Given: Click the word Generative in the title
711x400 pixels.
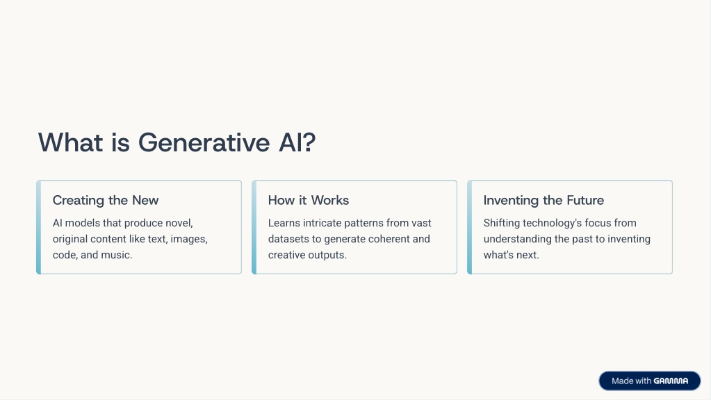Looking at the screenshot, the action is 204,142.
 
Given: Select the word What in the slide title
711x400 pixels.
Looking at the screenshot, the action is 70,142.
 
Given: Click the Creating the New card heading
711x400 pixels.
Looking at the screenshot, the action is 106,200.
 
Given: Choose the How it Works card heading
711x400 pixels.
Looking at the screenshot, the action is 309,200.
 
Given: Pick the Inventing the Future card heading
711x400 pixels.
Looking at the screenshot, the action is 544,200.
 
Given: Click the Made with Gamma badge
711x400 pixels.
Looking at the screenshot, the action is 650,381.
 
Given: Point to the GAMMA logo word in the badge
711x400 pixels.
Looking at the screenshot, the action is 671,381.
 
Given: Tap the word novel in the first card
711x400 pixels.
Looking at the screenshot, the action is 181,223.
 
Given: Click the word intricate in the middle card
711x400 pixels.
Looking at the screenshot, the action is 322,223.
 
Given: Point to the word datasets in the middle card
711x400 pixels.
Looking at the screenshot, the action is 288,239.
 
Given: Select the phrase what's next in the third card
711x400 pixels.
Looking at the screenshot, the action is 512,255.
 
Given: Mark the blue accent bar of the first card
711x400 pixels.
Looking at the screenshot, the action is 38,227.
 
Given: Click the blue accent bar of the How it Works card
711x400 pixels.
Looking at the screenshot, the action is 254,227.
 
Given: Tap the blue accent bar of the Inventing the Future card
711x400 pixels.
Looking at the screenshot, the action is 469,227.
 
